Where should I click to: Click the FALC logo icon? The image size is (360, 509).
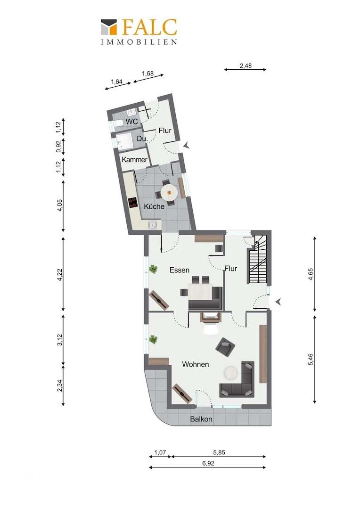click(x=109, y=26)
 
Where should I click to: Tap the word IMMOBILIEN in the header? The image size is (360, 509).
click(x=139, y=42)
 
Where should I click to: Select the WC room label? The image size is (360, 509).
click(x=131, y=122)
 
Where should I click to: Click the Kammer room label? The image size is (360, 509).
click(x=134, y=160)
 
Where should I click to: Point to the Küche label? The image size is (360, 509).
click(x=154, y=206)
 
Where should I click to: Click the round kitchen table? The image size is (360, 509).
click(x=169, y=192)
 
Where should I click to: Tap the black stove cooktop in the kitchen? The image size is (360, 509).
click(x=132, y=203)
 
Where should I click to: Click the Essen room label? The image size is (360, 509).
click(x=179, y=270)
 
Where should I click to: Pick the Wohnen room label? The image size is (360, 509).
click(x=195, y=364)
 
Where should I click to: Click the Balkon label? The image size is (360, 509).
click(x=201, y=419)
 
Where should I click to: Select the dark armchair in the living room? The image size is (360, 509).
click(x=225, y=348)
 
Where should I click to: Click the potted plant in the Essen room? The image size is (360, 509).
click(x=153, y=269)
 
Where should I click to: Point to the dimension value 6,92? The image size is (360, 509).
click(x=208, y=463)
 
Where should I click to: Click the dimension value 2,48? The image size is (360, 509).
click(x=245, y=66)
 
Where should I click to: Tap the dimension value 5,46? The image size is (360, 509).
click(x=311, y=359)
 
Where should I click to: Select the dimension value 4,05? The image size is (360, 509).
click(x=59, y=205)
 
